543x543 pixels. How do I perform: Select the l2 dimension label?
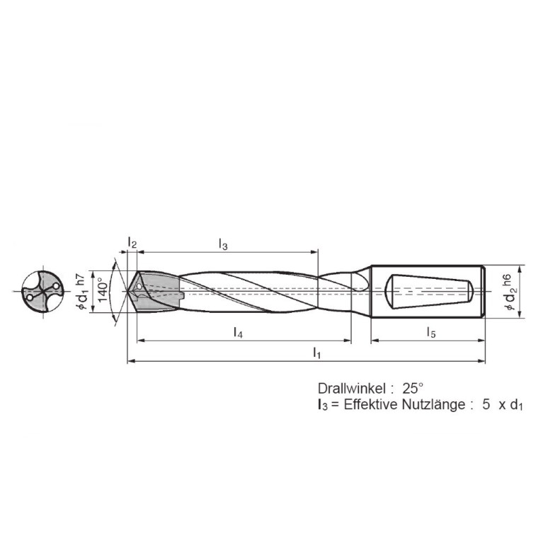click(132, 243)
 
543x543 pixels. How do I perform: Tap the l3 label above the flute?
click(222, 245)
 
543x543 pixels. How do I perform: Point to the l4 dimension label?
click(239, 332)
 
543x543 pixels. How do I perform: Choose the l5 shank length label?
click(430, 332)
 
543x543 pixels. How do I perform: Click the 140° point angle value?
click(103, 291)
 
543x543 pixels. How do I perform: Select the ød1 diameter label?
click(82, 299)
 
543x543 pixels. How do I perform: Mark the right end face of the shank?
click(484, 291)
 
